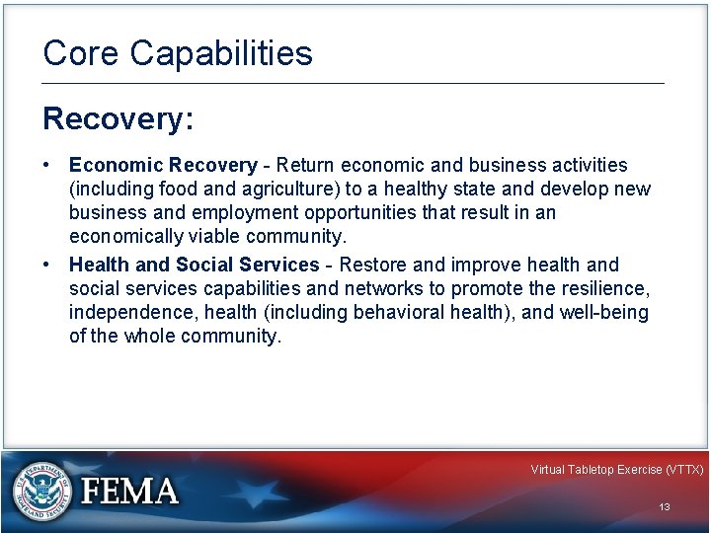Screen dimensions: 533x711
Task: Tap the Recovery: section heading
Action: click(118, 119)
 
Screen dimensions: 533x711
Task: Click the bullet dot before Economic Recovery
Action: click(48, 165)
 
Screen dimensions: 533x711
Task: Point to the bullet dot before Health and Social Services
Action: click(48, 265)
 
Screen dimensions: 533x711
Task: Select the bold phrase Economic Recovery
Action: click(163, 165)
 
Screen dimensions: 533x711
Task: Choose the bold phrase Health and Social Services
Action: click(195, 265)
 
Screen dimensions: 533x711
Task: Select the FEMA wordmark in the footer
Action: click(129, 491)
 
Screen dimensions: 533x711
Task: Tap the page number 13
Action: click(665, 506)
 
